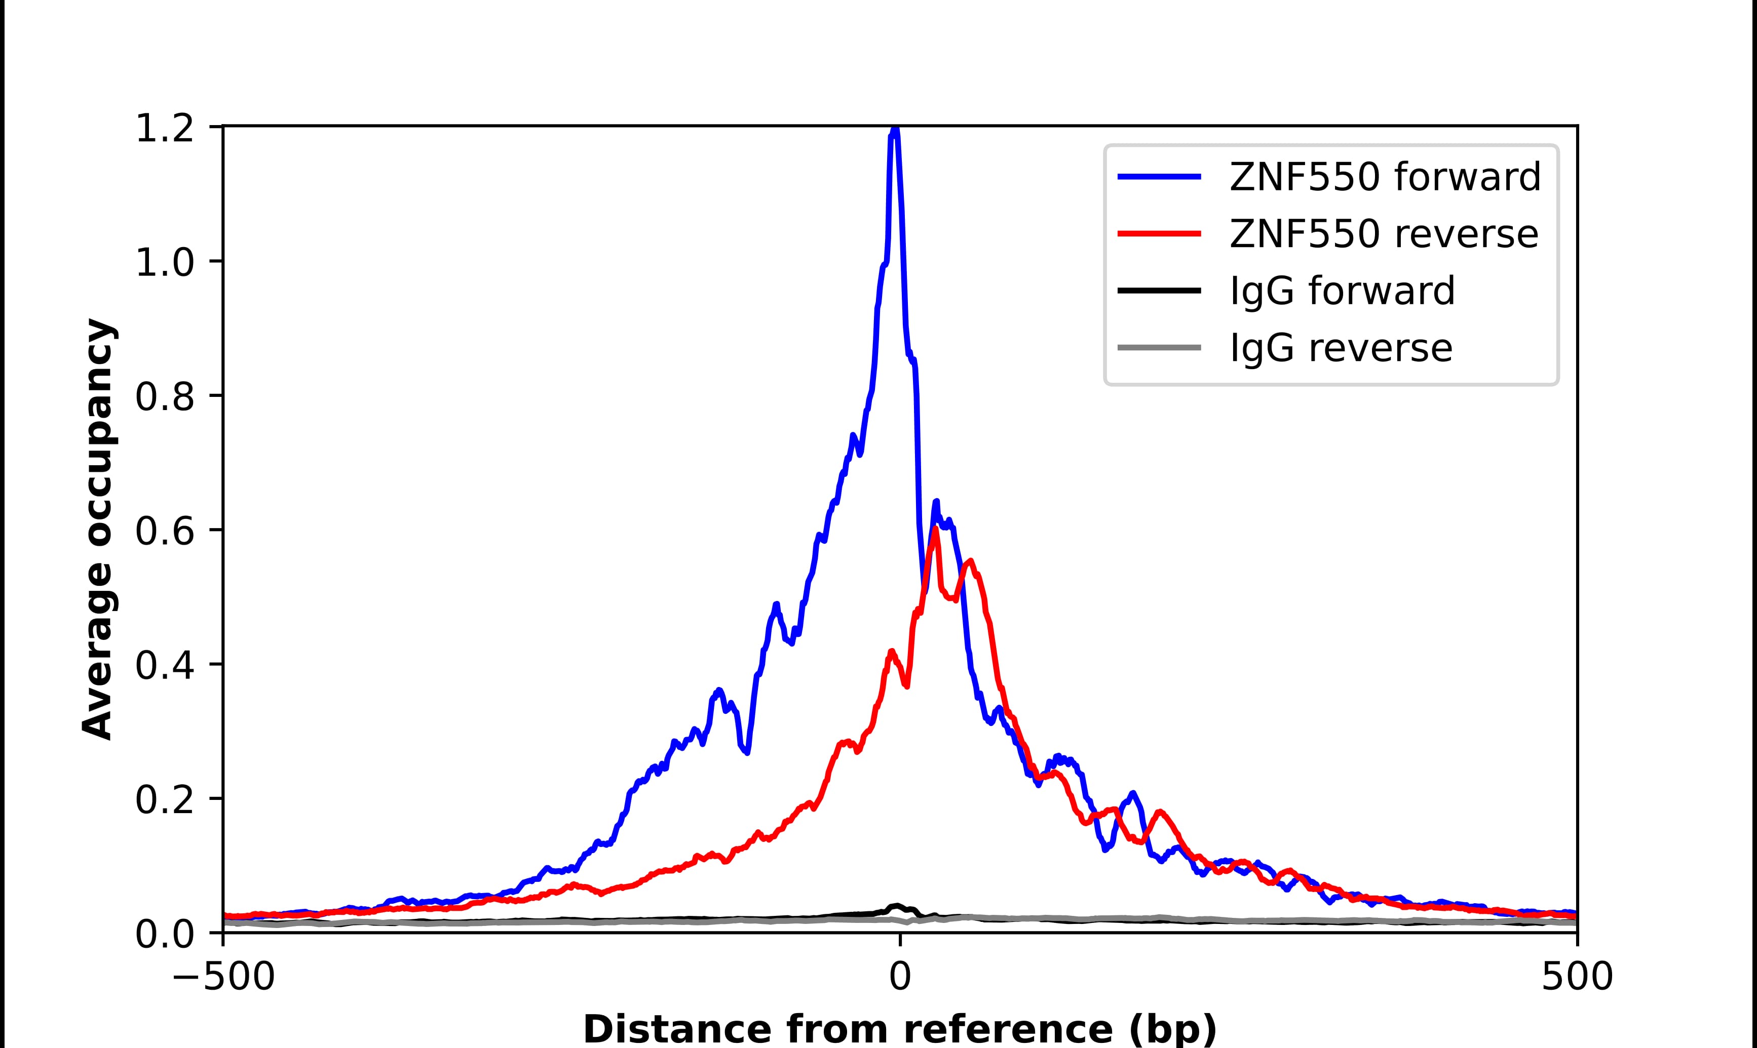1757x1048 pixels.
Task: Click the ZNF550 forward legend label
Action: pyautogui.click(x=1385, y=177)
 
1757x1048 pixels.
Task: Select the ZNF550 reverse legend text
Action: pyautogui.click(x=1383, y=234)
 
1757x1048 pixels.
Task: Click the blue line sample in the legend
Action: pyautogui.click(x=1159, y=177)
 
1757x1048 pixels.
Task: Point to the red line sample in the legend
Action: pyautogui.click(x=1159, y=234)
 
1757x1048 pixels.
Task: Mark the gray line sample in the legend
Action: pyautogui.click(x=1159, y=347)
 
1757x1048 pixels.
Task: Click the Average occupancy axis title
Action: pyautogui.click(x=97, y=530)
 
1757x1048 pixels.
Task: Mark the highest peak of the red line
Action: pyautogui.click(x=935, y=528)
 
